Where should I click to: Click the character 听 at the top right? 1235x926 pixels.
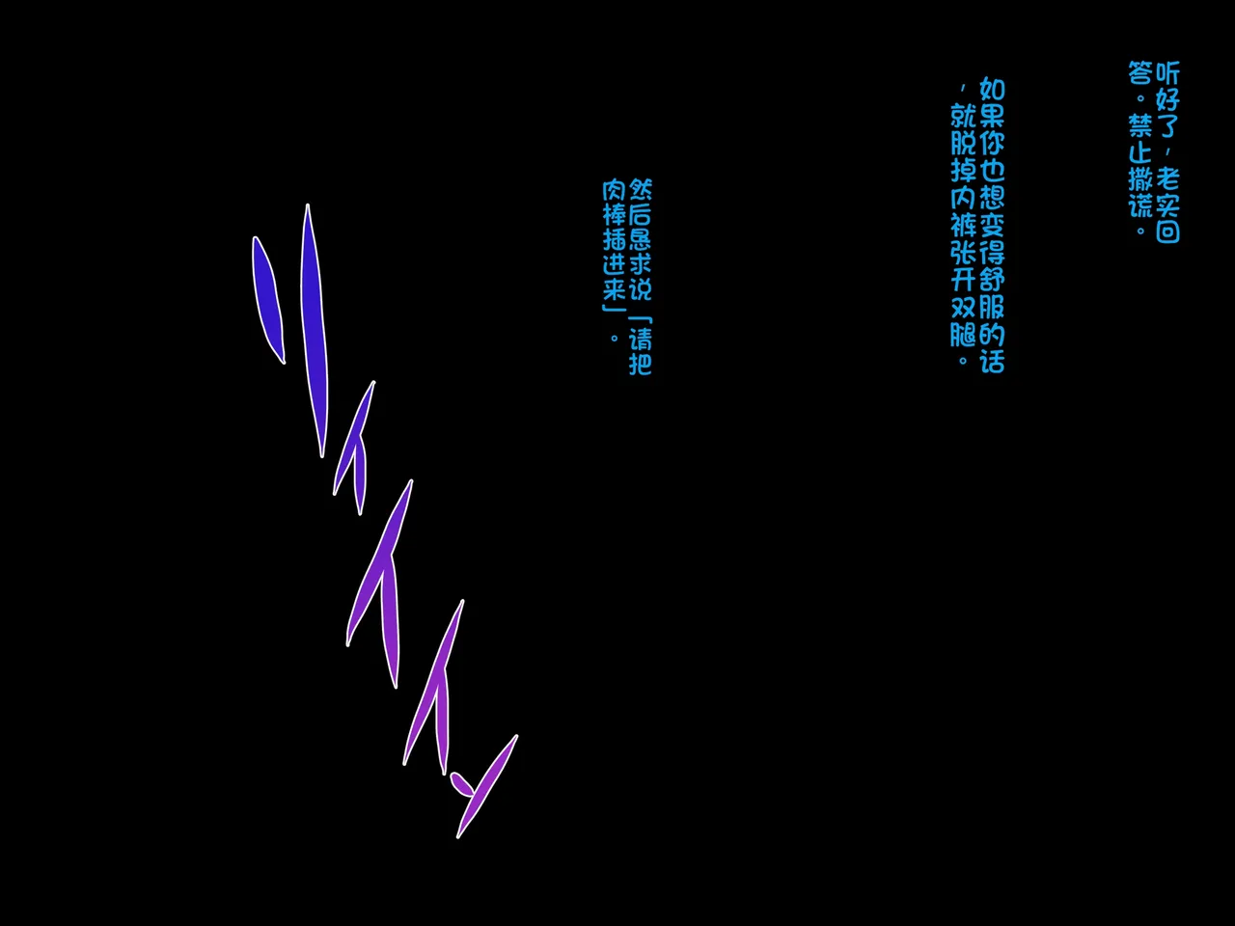[1167, 73]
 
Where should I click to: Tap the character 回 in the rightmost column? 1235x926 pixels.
[1167, 231]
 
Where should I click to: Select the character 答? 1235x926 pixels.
[1139, 73]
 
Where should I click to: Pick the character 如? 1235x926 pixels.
[992, 90]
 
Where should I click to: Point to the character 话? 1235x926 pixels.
[992, 361]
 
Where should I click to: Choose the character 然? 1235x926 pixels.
[641, 190]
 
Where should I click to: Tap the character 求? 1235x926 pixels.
[641, 264]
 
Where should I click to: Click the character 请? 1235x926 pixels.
[641, 340]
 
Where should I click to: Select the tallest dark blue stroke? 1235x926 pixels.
[315, 331]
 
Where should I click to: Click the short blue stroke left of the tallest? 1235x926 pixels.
[269, 300]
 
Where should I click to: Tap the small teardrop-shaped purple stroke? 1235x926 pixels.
[461, 784]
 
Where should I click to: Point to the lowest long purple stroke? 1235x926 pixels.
[487, 786]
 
